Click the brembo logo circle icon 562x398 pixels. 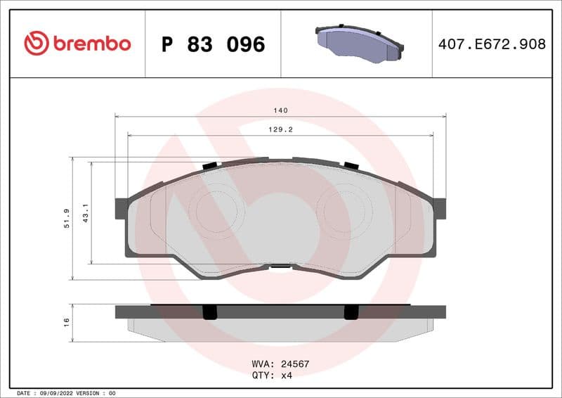tap(37, 44)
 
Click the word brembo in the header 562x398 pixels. tap(91, 44)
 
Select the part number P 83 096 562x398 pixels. tap(213, 44)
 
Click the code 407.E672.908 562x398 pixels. tap(492, 44)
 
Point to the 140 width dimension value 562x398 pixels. tap(281, 110)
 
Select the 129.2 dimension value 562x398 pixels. tap(281, 130)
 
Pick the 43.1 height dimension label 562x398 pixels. tap(86, 213)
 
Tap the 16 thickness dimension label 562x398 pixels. tap(66, 321)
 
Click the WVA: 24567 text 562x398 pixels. tap(280, 364)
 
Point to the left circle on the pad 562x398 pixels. tap(218, 209)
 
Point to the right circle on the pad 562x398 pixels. tap(344, 209)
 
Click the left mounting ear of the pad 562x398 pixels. tap(120, 208)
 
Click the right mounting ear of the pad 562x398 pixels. tap(440, 208)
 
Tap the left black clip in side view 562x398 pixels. tap(209, 312)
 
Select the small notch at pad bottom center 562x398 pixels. tap(280, 266)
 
